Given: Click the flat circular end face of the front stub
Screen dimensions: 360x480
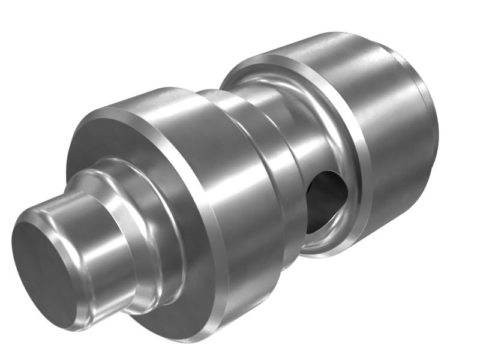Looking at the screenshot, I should pos(45,264).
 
